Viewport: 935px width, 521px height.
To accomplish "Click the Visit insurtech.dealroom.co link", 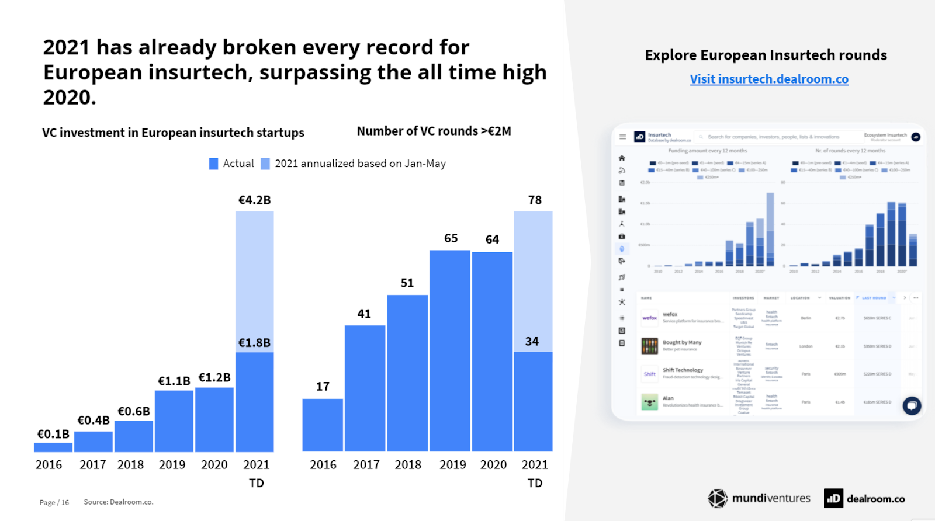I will coord(768,79).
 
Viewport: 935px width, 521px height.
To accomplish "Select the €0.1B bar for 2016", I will coord(53,447).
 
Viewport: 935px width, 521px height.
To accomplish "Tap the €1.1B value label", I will coord(174,381).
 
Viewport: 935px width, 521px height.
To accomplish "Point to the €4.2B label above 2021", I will coord(254,200).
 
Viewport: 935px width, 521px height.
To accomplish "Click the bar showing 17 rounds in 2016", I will coord(323,425).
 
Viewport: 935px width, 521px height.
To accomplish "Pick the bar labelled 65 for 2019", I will coord(450,350).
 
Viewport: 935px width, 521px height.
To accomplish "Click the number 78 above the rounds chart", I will coord(535,200).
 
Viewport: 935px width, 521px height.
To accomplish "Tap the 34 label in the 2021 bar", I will coord(532,342).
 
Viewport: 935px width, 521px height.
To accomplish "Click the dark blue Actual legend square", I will coord(214,164).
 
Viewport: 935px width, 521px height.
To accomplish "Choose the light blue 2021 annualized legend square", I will coord(265,164).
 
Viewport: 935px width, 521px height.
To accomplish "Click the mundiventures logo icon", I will coord(718,498).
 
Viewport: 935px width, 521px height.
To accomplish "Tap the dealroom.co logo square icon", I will coord(833,498).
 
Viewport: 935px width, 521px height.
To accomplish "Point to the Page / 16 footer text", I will coord(54,502).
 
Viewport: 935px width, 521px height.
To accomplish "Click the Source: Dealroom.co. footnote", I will coord(119,502).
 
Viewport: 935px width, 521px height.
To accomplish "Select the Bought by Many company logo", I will coord(649,346).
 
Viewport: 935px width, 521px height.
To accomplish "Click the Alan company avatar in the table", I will coord(649,402).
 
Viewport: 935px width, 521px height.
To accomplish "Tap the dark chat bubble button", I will coord(912,405).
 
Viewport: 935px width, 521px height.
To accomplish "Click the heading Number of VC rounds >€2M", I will coord(434,131).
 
